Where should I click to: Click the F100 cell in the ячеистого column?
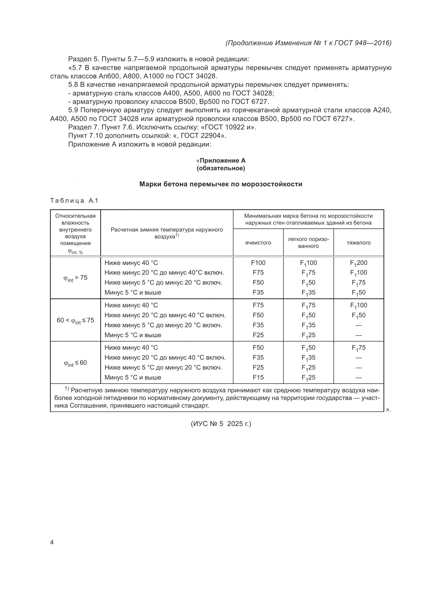[x=258, y=263]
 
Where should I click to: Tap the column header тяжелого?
[x=358, y=242]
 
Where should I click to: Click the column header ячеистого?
[x=258, y=242]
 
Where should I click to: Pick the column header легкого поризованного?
[x=308, y=242]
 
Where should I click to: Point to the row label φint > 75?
[x=75, y=278]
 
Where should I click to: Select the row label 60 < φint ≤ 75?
[x=75, y=320]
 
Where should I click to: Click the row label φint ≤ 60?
[x=75, y=363]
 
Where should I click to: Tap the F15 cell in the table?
[x=258, y=377]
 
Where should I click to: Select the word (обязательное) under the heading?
[x=221, y=168]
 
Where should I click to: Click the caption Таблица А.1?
[x=74, y=200]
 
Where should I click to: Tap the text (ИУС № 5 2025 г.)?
[x=221, y=424]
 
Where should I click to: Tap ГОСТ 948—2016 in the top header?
[x=363, y=43]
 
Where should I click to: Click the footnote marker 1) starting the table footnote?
[x=67, y=388]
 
